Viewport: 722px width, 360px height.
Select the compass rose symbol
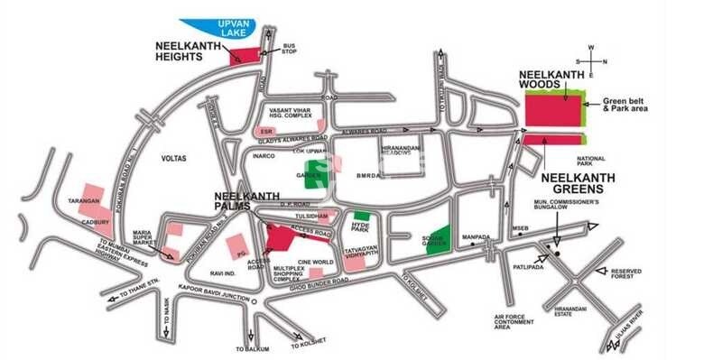click(x=590, y=60)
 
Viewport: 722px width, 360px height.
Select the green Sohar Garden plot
click(x=438, y=236)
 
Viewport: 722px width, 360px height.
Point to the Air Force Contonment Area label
click(x=515, y=321)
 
